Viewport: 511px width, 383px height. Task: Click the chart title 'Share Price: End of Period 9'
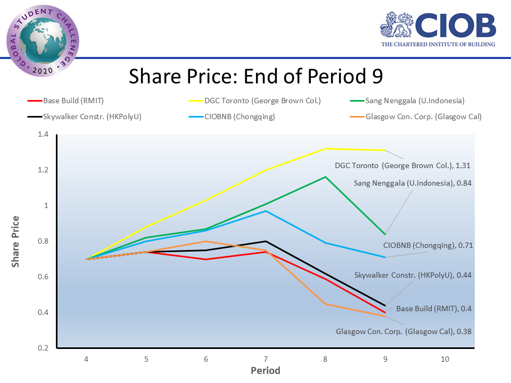[256, 76]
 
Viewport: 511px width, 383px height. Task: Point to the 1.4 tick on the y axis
[43, 135]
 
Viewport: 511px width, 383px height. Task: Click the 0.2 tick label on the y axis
[43, 348]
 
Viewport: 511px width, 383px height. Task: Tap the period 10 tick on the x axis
[445, 359]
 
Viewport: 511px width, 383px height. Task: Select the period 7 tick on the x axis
[266, 359]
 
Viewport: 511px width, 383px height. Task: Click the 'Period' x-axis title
[266, 370]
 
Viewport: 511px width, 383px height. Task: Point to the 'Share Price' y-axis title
[16, 241]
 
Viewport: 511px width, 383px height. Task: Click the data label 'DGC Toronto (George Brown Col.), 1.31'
[402, 166]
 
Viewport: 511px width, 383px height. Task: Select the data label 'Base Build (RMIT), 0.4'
[434, 309]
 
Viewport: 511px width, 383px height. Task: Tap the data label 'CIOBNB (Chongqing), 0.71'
[428, 245]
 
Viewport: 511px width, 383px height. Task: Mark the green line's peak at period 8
[325, 177]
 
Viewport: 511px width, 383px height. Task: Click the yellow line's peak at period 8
[325, 148]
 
